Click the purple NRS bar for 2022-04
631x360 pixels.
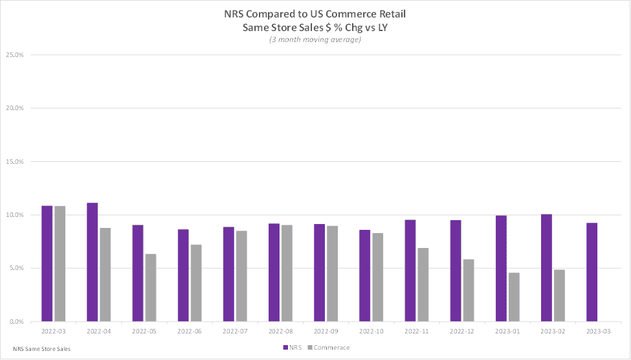click(x=93, y=262)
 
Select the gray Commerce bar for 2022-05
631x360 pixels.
click(x=151, y=287)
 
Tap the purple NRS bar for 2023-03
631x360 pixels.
click(x=592, y=272)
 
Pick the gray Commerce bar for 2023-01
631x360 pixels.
click(x=514, y=297)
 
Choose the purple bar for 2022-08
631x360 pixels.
click(x=274, y=273)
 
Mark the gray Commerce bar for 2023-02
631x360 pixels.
click(x=559, y=295)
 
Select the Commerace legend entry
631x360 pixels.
click(x=330, y=348)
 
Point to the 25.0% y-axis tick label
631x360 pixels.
click(x=14, y=55)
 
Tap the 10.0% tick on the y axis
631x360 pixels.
click(x=14, y=215)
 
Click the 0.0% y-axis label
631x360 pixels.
click(x=16, y=322)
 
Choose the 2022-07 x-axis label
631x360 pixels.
click(x=235, y=330)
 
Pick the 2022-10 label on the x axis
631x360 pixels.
click(x=371, y=330)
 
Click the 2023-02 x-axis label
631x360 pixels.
click(x=553, y=330)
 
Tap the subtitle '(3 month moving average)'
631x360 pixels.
click(x=315, y=40)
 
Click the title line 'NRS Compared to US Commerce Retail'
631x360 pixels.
click(x=315, y=14)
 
